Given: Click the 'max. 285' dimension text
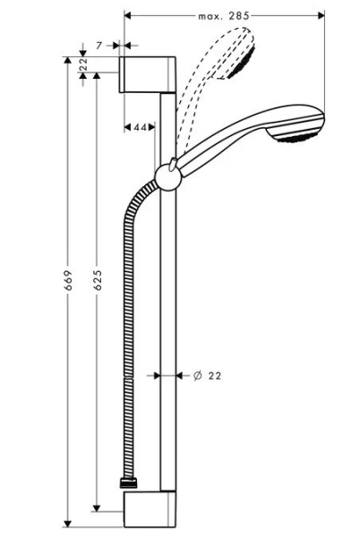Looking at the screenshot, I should tap(223, 15).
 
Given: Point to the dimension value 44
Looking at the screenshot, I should tap(140, 128).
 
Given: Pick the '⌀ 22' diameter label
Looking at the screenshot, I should tap(207, 376).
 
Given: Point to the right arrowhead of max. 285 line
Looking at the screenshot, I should tap(320, 15).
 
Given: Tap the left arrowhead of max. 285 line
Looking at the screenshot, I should tap(128, 15).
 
